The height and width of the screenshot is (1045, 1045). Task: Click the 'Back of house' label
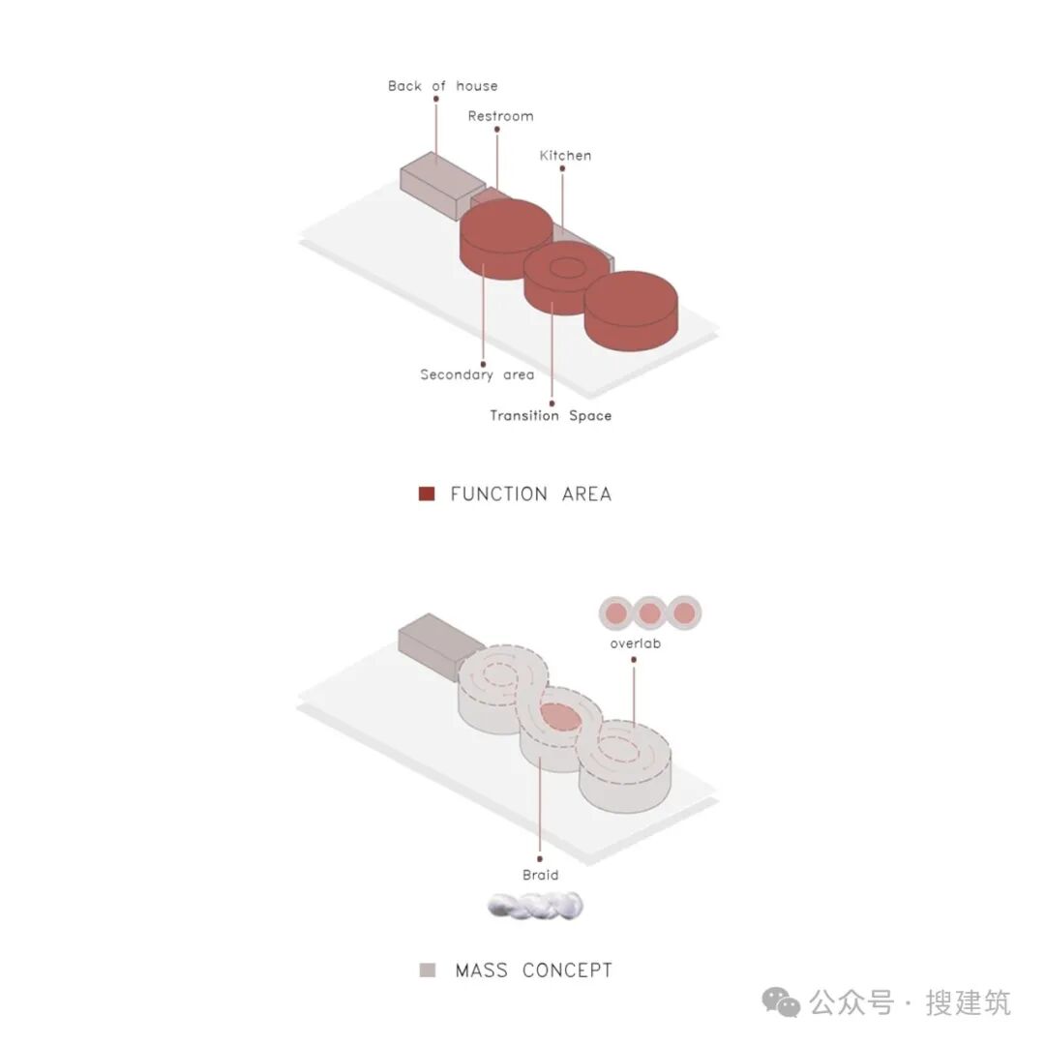click(x=442, y=86)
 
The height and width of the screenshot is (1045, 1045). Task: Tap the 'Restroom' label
click(x=500, y=116)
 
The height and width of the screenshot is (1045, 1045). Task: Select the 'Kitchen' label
click(x=565, y=156)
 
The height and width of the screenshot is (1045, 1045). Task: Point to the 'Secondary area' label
click(x=477, y=374)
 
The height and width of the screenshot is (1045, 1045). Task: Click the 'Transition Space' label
click(x=551, y=416)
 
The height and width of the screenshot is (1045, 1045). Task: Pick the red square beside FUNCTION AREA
click(x=427, y=494)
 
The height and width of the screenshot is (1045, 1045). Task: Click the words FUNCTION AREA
click(x=531, y=494)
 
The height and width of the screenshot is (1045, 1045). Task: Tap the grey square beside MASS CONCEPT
click(x=428, y=970)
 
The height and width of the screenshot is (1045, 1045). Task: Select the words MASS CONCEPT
click(x=534, y=970)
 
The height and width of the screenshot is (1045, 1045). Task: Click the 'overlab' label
click(x=635, y=643)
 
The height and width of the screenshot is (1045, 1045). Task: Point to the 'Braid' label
click(x=540, y=876)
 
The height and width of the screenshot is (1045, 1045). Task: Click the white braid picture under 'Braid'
click(x=536, y=907)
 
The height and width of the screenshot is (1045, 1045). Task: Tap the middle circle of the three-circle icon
click(x=649, y=612)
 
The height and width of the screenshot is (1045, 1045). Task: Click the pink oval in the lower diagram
click(x=558, y=716)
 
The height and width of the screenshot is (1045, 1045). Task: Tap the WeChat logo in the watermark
click(x=781, y=1002)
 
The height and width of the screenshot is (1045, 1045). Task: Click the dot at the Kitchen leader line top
click(x=562, y=168)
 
